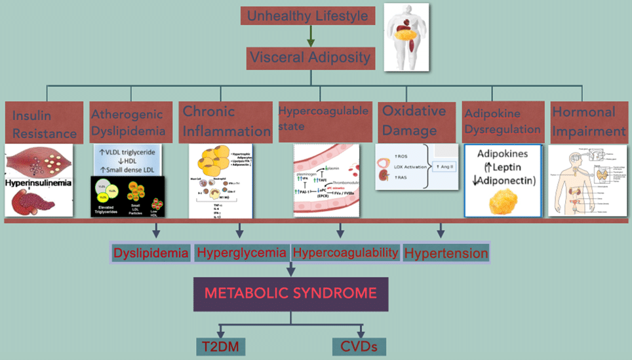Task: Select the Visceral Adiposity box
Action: (309, 58)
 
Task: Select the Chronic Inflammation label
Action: (226, 121)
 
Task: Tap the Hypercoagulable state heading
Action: (323, 118)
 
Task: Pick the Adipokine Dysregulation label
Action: (502, 121)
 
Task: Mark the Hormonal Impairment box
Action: (587, 121)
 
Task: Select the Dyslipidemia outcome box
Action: (151, 252)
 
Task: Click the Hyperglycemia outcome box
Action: (241, 252)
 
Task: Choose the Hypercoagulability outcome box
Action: (345, 252)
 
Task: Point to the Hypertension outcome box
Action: (446, 253)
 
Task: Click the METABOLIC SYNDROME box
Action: (290, 293)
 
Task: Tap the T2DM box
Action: (220, 346)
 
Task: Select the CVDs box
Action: (359, 346)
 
